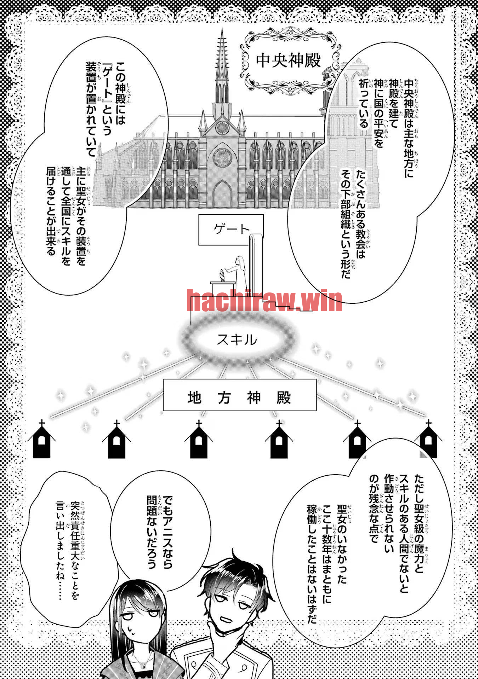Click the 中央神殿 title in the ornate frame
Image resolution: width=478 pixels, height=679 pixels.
click(288, 60)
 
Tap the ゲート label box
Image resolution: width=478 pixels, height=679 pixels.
click(231, 230)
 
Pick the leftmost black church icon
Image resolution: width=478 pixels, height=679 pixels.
click(42, 439)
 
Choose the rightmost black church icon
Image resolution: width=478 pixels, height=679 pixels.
click(428, 439)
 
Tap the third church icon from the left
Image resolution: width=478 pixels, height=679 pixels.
click(199, 439)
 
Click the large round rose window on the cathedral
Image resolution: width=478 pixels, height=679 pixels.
click(222, 158)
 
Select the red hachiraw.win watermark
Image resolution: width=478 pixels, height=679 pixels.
click(264, 301)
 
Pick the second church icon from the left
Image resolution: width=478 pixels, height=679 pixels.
click(116, 439)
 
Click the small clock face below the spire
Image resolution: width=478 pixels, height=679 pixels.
click(222, 126)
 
